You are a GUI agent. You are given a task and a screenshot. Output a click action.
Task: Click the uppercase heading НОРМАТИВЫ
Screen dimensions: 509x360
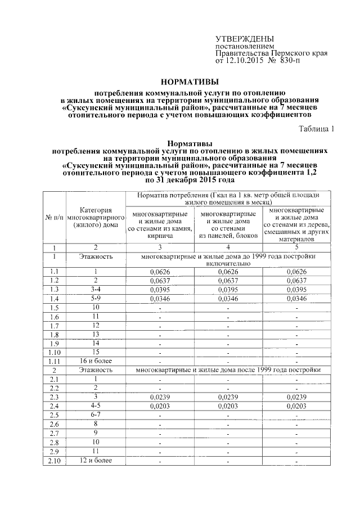coord(180,80)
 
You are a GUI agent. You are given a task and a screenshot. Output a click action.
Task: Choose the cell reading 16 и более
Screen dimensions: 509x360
coord(96,361)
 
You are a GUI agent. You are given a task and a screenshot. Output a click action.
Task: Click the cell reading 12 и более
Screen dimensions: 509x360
coord(96,461)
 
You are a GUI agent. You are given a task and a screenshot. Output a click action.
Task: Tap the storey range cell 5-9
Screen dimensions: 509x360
coord(96,298)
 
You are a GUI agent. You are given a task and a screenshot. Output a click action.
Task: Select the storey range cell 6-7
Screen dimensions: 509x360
coord(96,415)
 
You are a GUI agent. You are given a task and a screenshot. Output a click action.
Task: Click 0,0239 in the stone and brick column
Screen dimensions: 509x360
coord(160,397)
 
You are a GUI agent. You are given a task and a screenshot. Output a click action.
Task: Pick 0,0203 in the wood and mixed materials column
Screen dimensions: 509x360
coord(296,406)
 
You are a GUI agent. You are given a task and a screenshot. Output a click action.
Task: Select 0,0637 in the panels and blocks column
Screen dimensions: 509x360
coord(228,280)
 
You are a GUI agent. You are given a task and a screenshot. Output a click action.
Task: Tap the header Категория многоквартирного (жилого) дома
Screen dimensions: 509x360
coord(96,217)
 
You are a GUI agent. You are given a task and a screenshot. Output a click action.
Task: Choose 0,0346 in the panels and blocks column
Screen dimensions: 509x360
coord(228,298)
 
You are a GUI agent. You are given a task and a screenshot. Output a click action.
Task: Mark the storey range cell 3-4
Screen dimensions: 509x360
coord(96,289)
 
